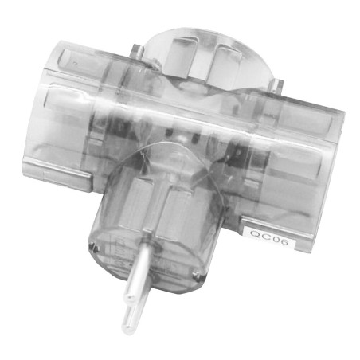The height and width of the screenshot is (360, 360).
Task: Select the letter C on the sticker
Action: coord(263,234)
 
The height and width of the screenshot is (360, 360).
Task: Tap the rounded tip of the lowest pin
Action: coord(127,326)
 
